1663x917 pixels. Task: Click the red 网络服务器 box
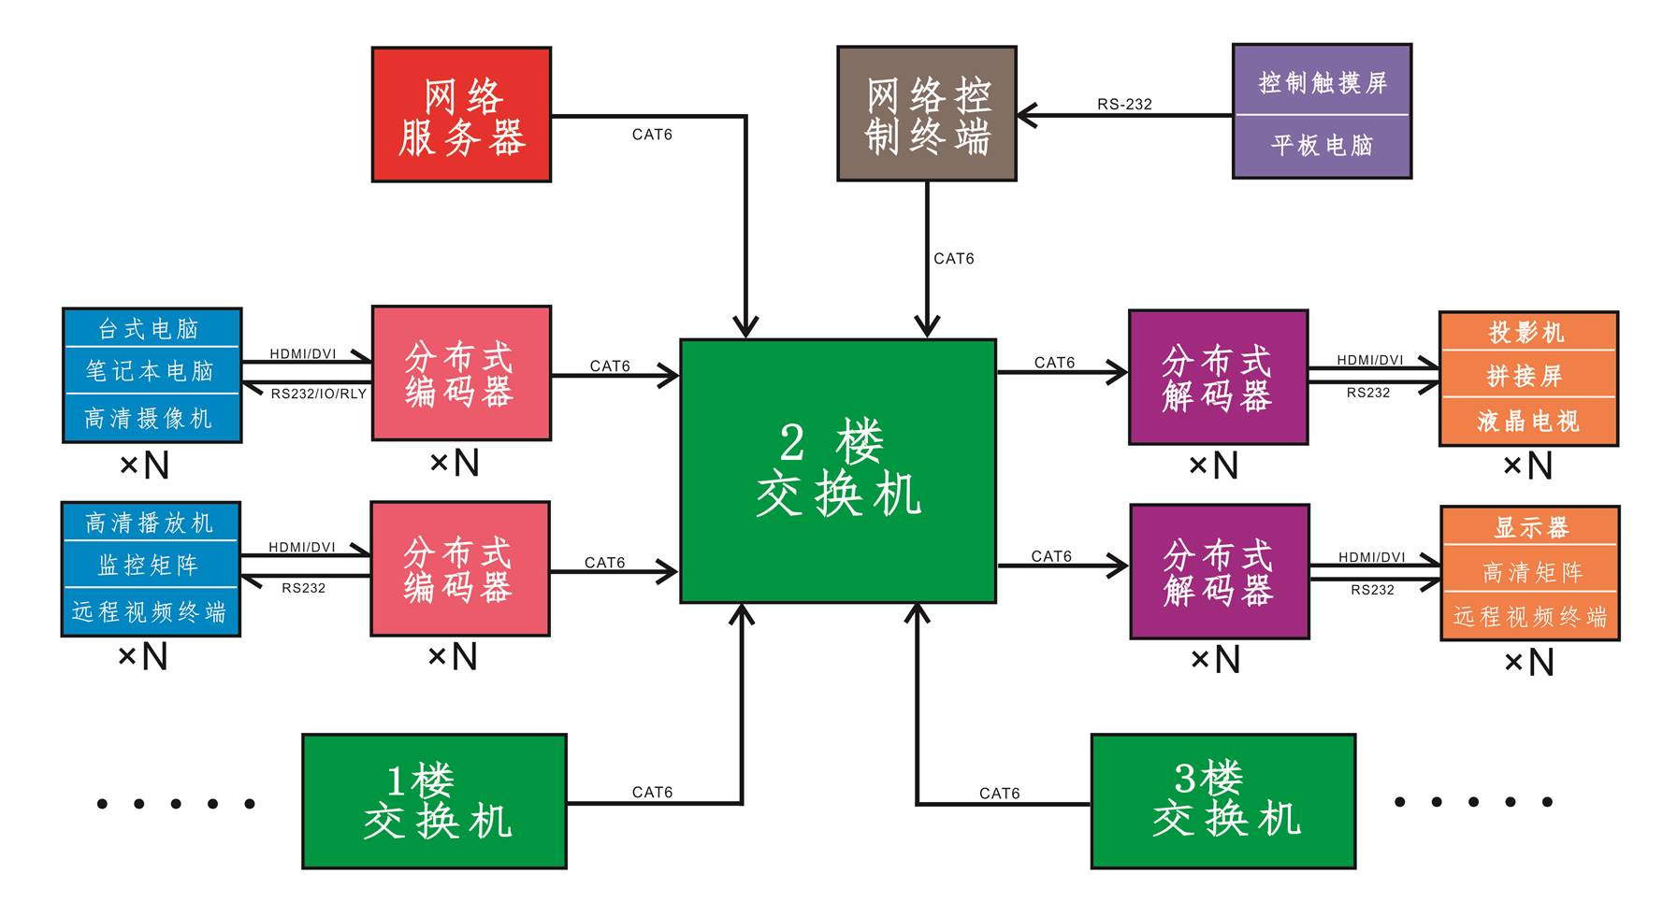pyautogui.click(x=461, y=114)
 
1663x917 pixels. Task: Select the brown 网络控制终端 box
pyautogui.click(x=926, y=113)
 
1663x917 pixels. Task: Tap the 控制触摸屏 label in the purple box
pyautogui.click(x=1322, y=82)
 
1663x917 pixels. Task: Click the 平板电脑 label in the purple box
pyautogui.click(x=1322, y=145)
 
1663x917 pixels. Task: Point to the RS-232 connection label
pyautogui.click(x=1124, y=104)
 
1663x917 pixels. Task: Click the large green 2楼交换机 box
pyautogui.click(x=838, y=470)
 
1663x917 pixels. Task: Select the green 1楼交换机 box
pyautogui.click(x=434, y=801)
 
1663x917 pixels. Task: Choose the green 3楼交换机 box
pyautogui.click(x=1222, y=801)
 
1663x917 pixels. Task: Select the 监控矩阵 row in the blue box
pyautogui.click(x=150, y=565)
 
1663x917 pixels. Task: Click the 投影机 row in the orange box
pyautogui.click(x=1527, y=333)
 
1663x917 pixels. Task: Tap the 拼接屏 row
pyautogui.click(x=1527, y=376)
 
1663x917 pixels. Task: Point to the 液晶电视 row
pyautogui.click(x=1527, y=422)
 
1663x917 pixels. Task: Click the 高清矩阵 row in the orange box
pyautogui.click(x=1530, y=571)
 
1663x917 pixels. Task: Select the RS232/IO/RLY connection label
pyautogui.click(x=319, y=394)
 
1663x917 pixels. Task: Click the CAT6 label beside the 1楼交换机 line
pyautogui.click(x=652, y=792)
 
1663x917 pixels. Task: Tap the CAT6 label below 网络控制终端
pyautogui.click(x=953, y=258)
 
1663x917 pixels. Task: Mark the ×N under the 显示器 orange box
pyautogui.click(x=1528, y=663)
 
